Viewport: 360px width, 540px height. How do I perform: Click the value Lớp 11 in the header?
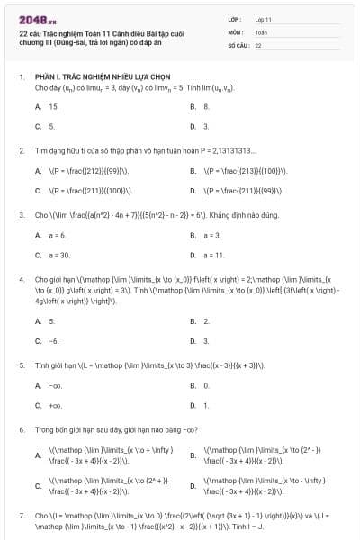264,18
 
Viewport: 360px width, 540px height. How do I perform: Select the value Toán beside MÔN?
261,31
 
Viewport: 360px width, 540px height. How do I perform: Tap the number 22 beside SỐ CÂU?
258,45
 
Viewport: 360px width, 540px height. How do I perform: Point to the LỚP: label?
235,18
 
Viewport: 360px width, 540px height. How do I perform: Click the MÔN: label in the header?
236,31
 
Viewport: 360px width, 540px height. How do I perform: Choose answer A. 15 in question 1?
53,106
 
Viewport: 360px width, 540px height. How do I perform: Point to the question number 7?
21,516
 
